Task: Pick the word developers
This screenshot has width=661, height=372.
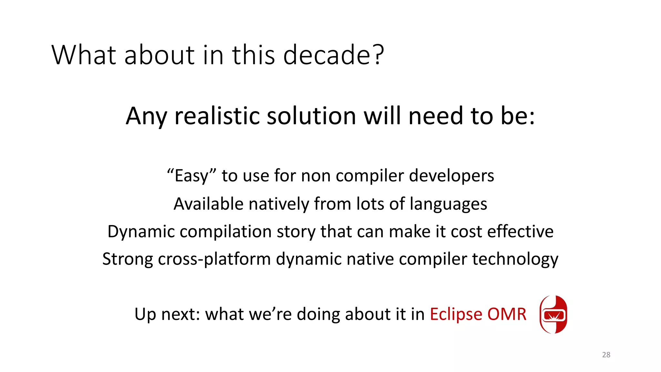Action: [x=452, y=176]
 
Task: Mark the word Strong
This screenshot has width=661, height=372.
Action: [x=127, y=259]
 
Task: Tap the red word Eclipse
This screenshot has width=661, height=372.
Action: [x=456, y=314]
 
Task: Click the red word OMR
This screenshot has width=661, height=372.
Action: [x=507, y=314]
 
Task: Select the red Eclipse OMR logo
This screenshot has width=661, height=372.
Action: [x=554, y=314]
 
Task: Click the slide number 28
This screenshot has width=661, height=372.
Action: [x=606, y=355]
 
